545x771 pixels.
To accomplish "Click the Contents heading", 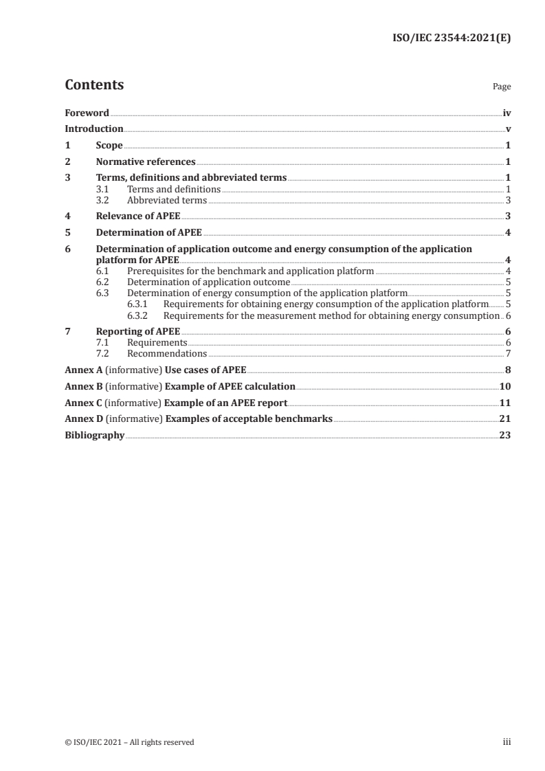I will pyautogui.click(x=94, y=85).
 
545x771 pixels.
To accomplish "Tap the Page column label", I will pyautogui.click(x=502, y=87).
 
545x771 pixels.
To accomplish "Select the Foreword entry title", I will pyautogui.click(x=87, y=113).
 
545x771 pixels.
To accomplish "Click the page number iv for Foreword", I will pyautogui.click(x=507, y=113).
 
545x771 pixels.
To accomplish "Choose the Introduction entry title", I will pyautogui.click(x=93, y=128).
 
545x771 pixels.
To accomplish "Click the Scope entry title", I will pyautogui.click(x=109, y=146).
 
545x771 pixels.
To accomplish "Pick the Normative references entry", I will pyautogui.click(x=146, y=162).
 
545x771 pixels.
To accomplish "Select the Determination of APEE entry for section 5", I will pyautogui.click(x=148, y=232).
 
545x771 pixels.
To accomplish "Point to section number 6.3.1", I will pyautogui.click(x=140, y=303).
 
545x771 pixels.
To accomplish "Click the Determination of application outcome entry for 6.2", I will pyautogui.click(x=208, y=282).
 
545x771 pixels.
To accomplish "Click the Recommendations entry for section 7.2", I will pyautogui.click(x=167, y=353).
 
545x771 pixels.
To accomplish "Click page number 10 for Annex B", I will pyautogui.click(x=504, y=386).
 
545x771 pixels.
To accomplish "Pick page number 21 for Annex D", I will pyautogui.click(x=504, y=418).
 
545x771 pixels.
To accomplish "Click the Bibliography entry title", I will pyautogui.click(x=94, y=435).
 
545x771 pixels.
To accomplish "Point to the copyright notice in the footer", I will pyautogui.click(x=129, y=742).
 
